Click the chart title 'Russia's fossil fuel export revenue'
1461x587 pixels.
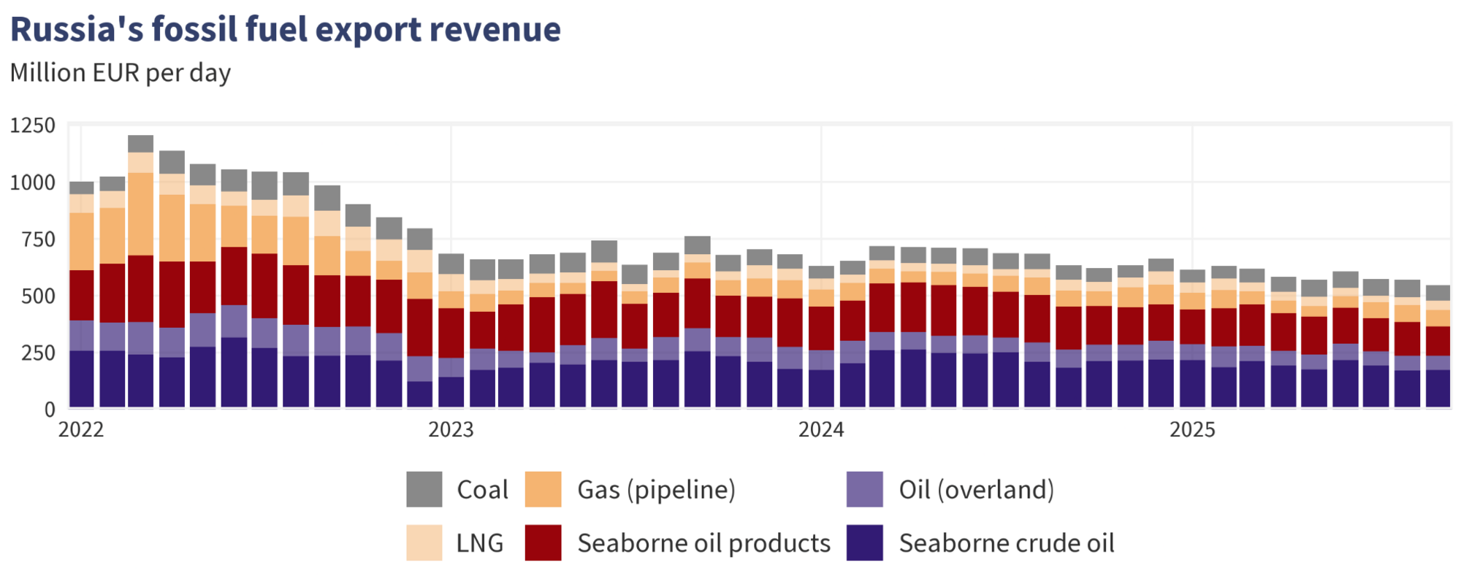pos(285,30)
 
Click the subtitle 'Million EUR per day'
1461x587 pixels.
pos(121,73)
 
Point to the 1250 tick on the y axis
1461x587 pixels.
pos(33,126)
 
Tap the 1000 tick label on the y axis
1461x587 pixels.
pos(33,183)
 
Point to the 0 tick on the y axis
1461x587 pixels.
pos(50,410)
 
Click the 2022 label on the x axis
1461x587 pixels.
pos(81,429)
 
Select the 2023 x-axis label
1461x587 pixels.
pos(451,429)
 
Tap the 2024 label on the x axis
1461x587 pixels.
pos(821,429)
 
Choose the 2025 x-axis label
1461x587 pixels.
pos(1192,429)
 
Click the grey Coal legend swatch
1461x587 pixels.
pos(424,489)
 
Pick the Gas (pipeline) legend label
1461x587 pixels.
pos(656,490)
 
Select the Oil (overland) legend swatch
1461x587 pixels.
pos(865,489)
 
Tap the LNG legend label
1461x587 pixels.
pos(480,543)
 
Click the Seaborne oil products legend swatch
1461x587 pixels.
pos(543,543)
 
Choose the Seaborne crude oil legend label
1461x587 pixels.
pos(1007,543)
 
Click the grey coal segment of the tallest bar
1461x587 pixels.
pos(140,144)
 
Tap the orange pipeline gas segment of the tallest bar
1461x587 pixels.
pos(140,214)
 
